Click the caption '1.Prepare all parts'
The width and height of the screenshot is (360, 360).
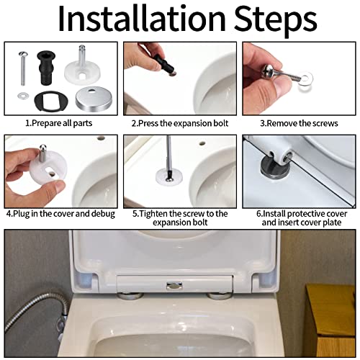tap(59, 123)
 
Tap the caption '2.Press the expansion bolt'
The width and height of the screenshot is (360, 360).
tap(179, 123)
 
